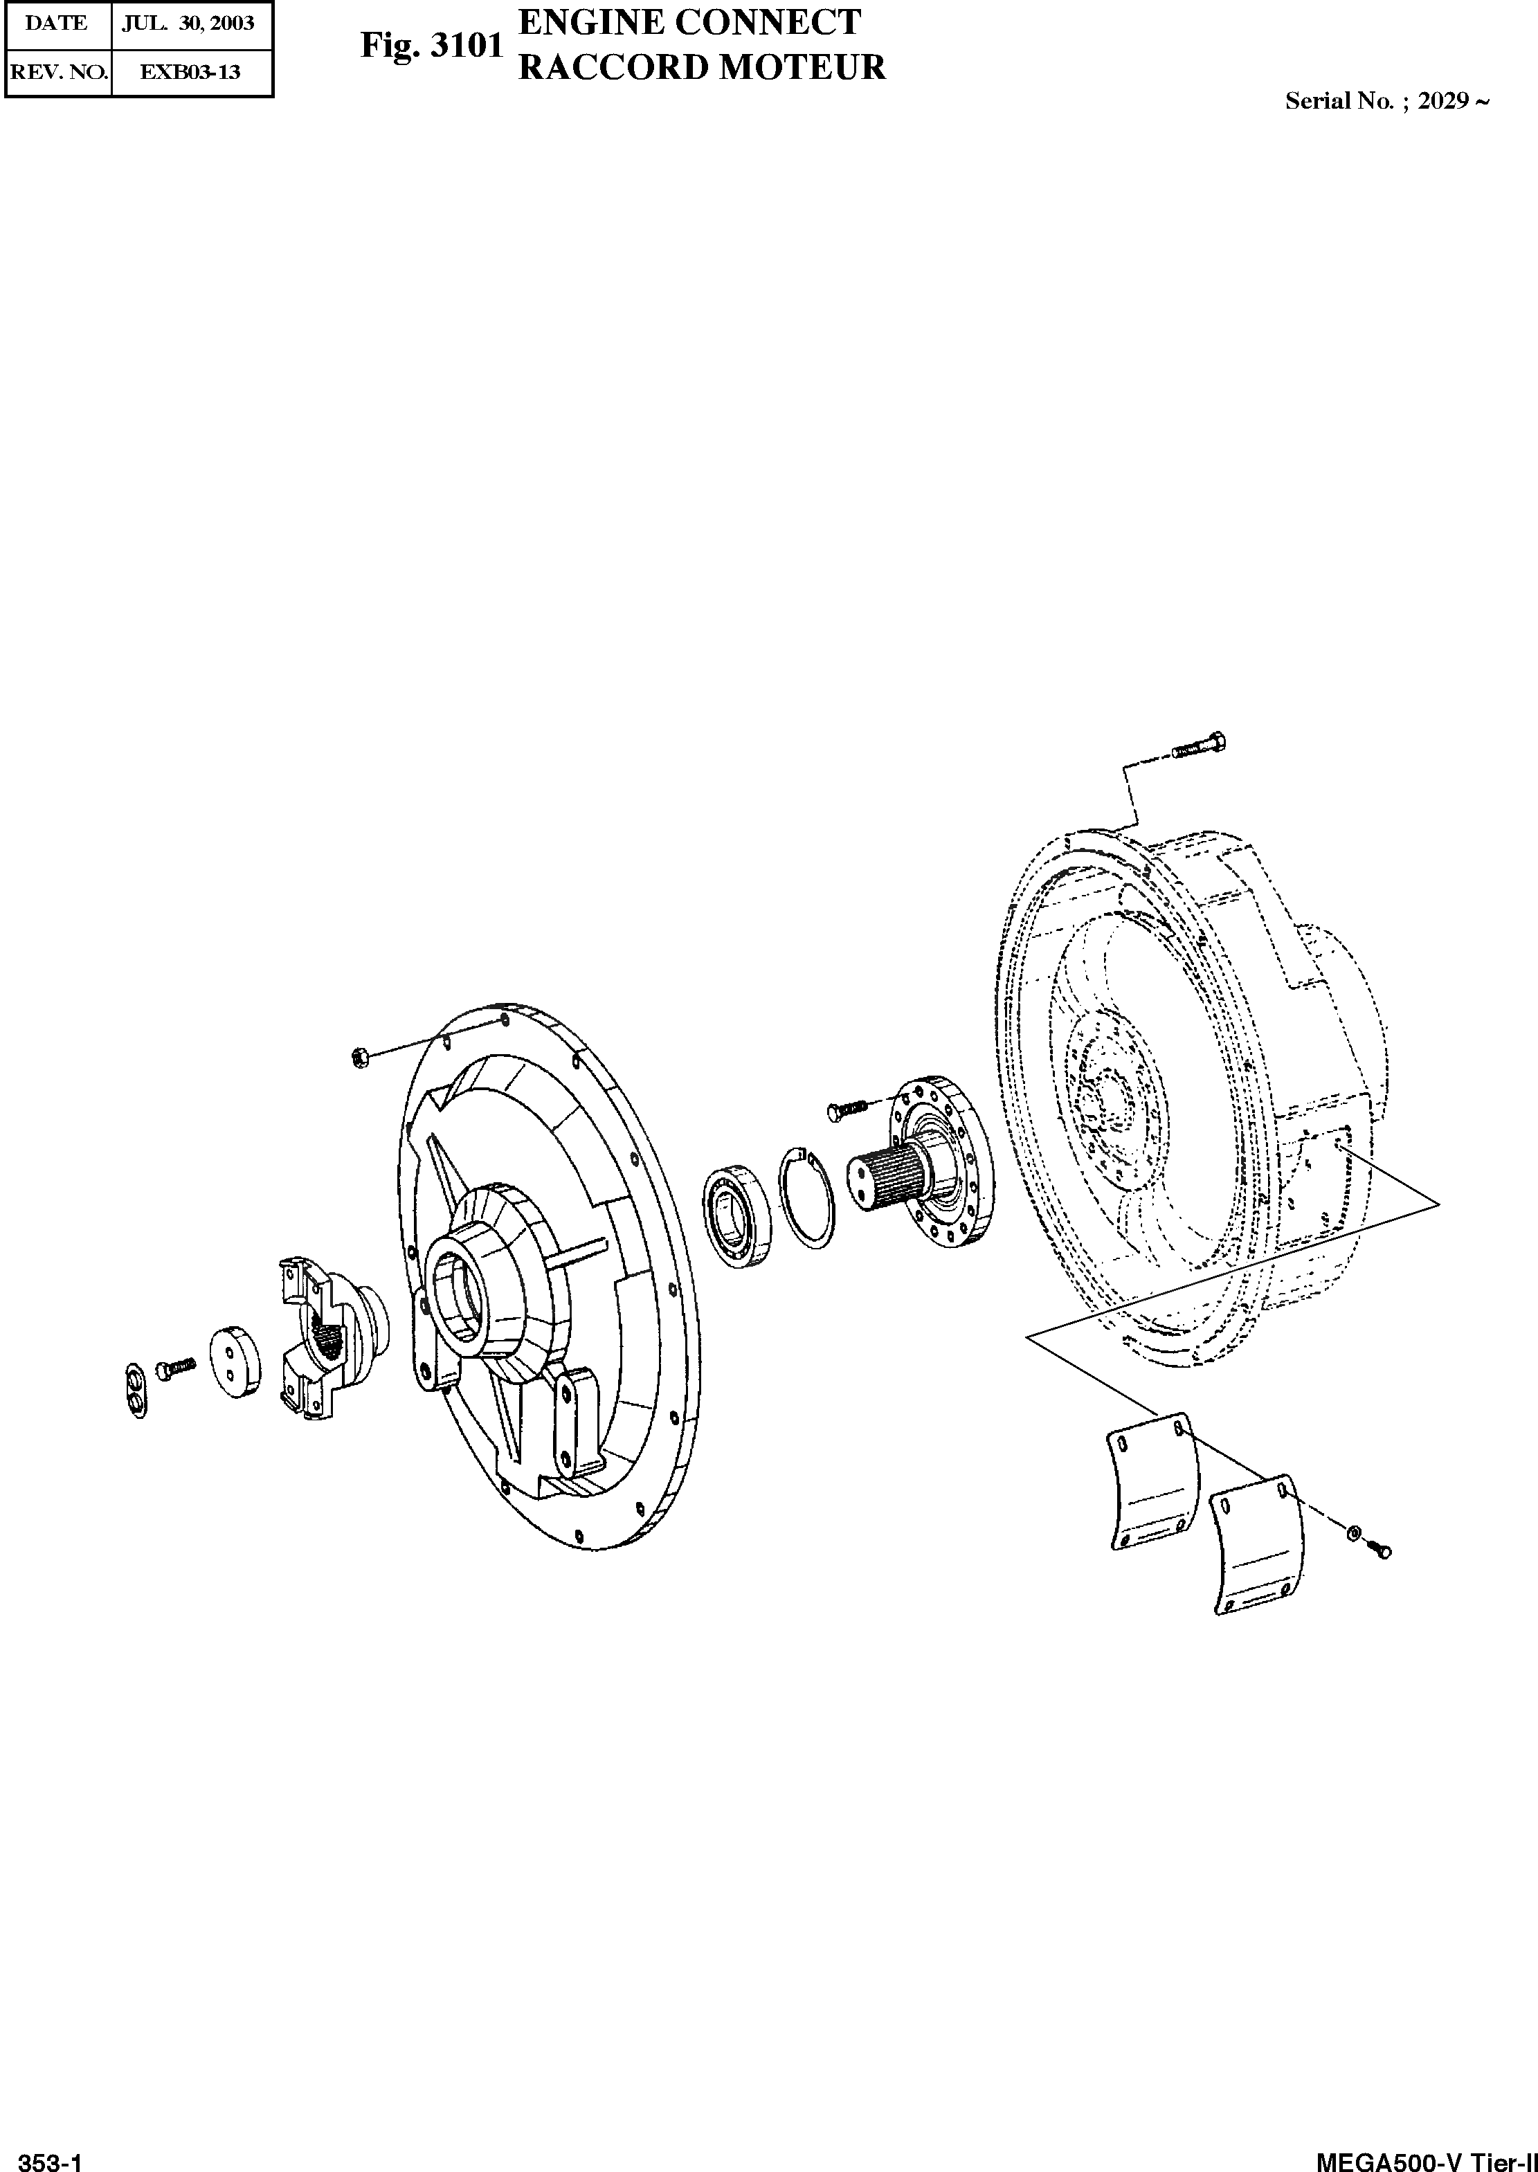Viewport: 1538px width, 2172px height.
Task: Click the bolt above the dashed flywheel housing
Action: point(1198,747)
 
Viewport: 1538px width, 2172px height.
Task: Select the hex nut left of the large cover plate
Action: point(359,1057)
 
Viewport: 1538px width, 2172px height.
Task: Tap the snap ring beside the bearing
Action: point(807,1199)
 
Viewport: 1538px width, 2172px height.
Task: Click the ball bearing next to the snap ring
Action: point(738,1217)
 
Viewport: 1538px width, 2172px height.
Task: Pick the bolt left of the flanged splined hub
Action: point(847,1107)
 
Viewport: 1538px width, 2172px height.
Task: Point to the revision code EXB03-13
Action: point(190,72)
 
